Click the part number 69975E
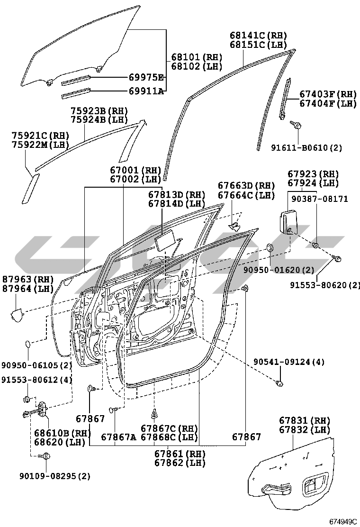(146, 77)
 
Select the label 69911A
(146, 91)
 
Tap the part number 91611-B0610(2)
(306, 147)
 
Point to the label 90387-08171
(320, 199)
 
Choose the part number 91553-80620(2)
(325, 285)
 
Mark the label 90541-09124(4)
(289, 362)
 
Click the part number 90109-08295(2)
(55, 476)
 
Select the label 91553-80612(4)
(36, 380)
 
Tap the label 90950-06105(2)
(36, 365)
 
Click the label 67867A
(118, 437)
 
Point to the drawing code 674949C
(342, 522)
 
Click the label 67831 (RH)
(305, 420)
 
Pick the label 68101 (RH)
(197, 57)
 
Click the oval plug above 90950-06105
(28, 345)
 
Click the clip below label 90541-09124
(279, 382)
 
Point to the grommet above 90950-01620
(270, 248)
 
